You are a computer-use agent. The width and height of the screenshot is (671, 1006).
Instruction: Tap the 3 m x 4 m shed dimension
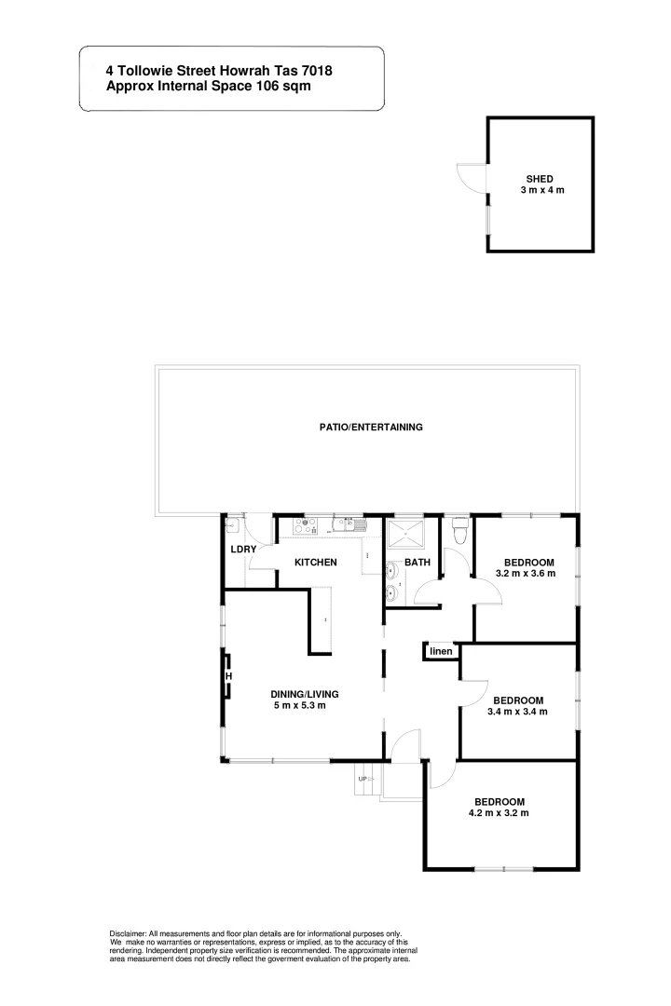[542, 190]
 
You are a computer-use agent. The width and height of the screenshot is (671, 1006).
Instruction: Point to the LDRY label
[243, 550]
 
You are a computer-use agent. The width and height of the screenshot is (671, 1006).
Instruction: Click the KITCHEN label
[316, 563]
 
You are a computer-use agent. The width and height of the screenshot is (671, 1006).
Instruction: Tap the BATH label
[417, 563]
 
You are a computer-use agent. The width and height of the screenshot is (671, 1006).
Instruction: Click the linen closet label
[441, 651]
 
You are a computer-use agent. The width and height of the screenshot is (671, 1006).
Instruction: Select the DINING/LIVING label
[305, 694]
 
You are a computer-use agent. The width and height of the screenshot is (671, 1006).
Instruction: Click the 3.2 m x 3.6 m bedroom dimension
[526, 574]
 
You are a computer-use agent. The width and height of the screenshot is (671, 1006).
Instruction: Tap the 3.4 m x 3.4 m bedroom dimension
[517, 713]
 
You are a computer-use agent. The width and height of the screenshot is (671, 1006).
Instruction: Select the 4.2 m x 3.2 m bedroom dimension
[500, 813]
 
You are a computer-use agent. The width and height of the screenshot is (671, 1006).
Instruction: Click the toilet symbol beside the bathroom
[457, 533]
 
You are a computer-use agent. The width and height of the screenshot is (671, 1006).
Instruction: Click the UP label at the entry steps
[363, 778]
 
